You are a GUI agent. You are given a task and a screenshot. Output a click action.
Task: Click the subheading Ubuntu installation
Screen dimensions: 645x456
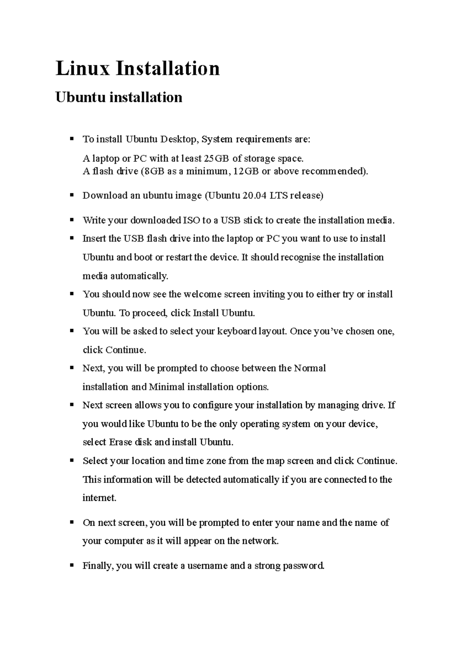tap(119, 97)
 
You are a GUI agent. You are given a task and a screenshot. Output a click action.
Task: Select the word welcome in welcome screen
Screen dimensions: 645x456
tap(203, 294)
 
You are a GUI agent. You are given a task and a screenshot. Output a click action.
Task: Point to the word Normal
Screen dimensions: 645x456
tap(310, 368)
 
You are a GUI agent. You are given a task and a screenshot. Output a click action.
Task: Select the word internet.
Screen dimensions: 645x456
tap(99, 498)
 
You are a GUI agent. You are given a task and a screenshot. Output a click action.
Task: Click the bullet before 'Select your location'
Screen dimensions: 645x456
tap(71, 460)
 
